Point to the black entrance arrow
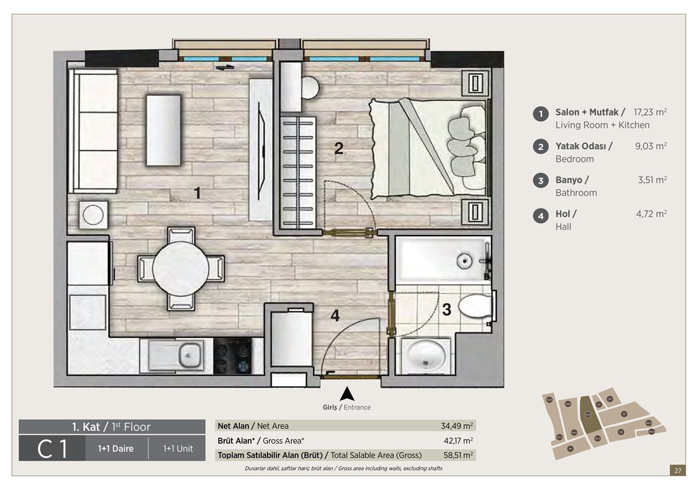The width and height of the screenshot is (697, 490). pos(347,393)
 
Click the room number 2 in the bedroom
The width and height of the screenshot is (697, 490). pos(339,148)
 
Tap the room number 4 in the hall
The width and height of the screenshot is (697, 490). pos(335,315)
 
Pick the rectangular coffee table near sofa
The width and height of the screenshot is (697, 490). pos(163,131)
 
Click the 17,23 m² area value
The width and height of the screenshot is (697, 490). pos(650,112)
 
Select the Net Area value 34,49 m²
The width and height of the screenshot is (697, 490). pos(456,426)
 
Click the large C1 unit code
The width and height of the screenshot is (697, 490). pos(52,449)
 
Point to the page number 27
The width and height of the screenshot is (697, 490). pos(677,471)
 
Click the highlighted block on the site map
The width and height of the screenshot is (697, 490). pos(588,414)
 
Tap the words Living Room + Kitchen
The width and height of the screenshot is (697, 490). pos(602,125)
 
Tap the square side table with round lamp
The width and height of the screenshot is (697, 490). pos(93,215)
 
